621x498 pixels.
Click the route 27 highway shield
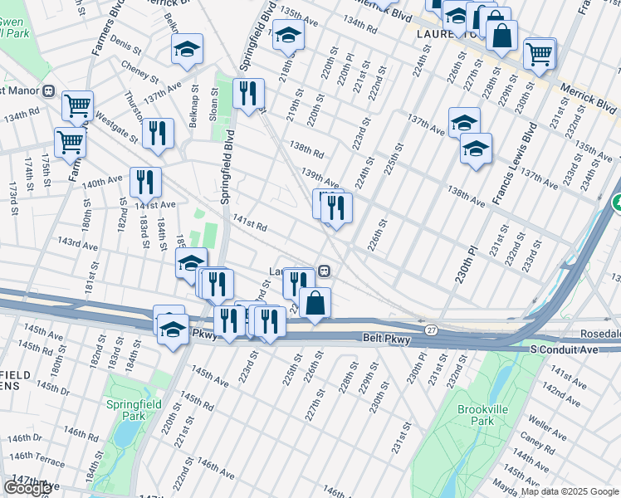pos(431,330)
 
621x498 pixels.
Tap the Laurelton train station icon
pos(325,271)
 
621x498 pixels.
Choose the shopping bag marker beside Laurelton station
pos(315,303)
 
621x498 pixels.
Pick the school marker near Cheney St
pos(187,50)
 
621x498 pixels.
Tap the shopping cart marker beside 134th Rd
pos(76,105)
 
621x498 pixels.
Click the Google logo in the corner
pos(27,488)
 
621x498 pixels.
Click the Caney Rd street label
pos(539,441)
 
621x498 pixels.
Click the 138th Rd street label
pos(306,153)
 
